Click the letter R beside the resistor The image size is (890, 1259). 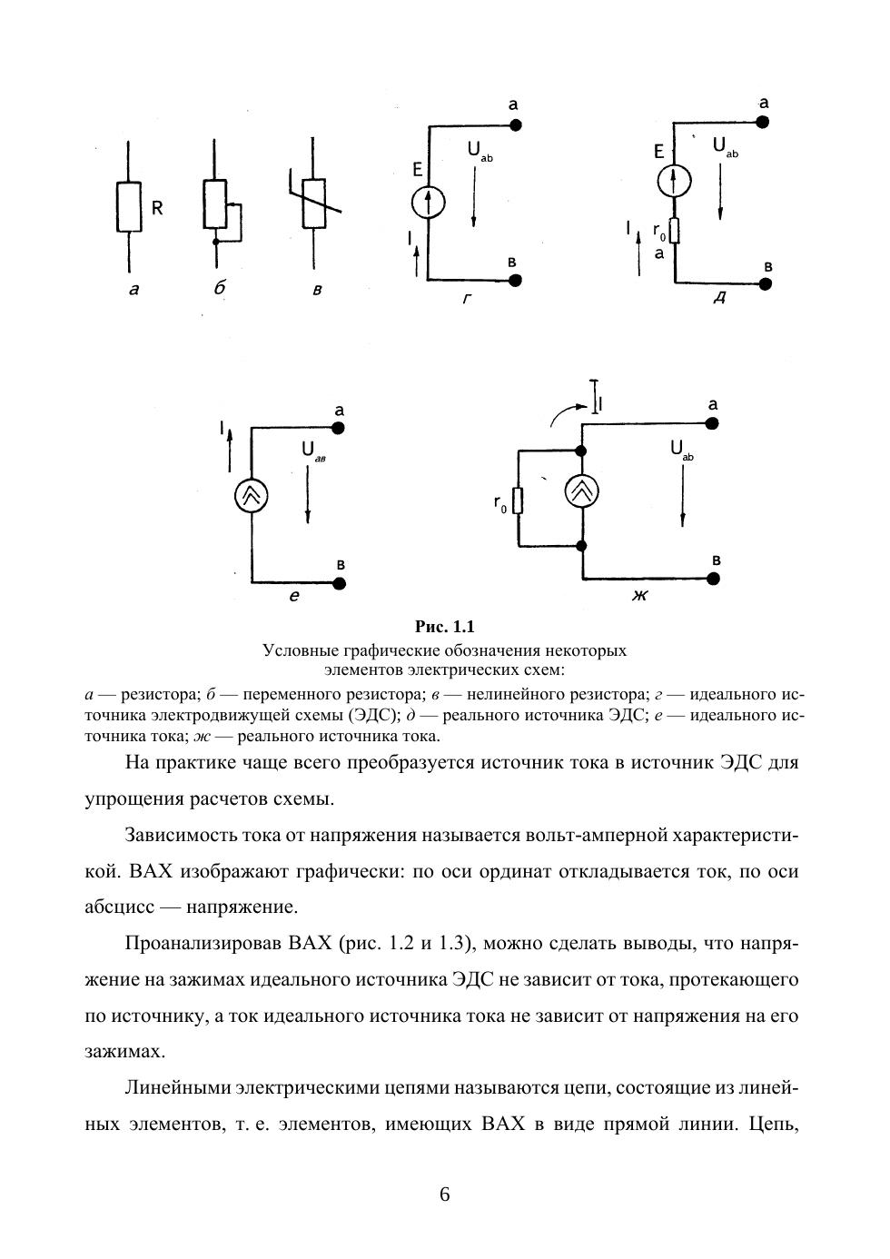click(157, 208)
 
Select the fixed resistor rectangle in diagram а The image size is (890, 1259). click(129, 207)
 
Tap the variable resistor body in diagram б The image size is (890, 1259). click(214, 204)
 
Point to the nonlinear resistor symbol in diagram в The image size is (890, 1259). click(313, 204)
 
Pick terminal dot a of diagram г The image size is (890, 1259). click(516, 127)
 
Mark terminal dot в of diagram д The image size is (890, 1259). click(765, 283)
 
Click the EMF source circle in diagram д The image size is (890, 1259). click(674, 181)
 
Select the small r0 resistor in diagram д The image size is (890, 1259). click(675, 233)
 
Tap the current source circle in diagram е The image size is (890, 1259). click(252, 495)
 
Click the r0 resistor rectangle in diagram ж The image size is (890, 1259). click(519, 501)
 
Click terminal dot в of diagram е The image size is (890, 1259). click(340, 581)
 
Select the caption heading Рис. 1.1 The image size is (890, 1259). click(445, 627)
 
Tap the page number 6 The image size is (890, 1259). click(445, 1194)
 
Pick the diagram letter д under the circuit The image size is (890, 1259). click(718, 298)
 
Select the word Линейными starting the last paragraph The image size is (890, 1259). click(176, 1087)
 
